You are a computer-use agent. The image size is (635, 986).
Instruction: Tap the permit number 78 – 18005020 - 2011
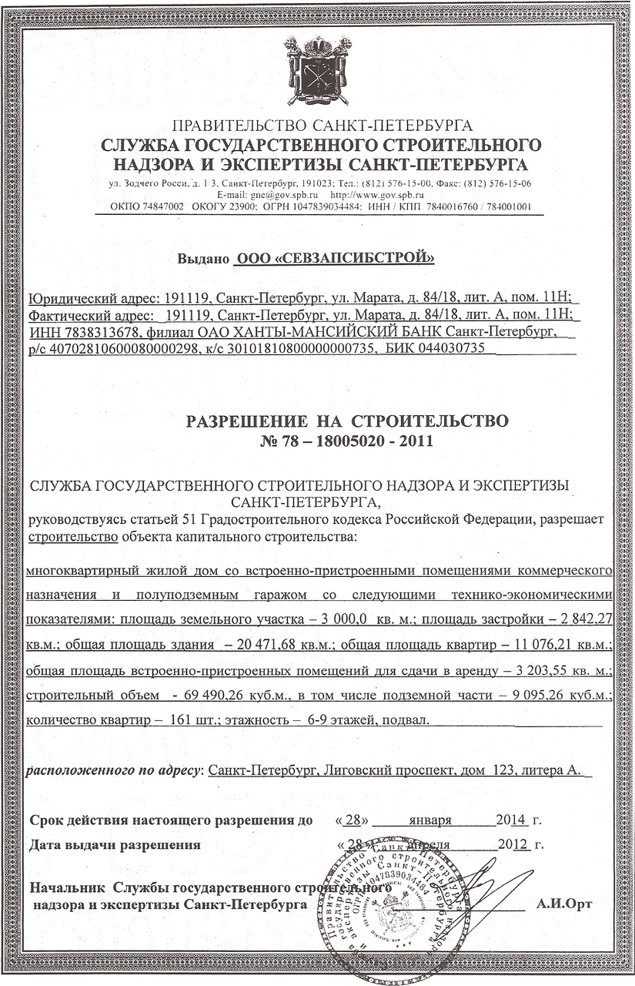coord(349,441)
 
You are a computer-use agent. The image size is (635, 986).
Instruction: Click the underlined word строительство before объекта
coord(72,536)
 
